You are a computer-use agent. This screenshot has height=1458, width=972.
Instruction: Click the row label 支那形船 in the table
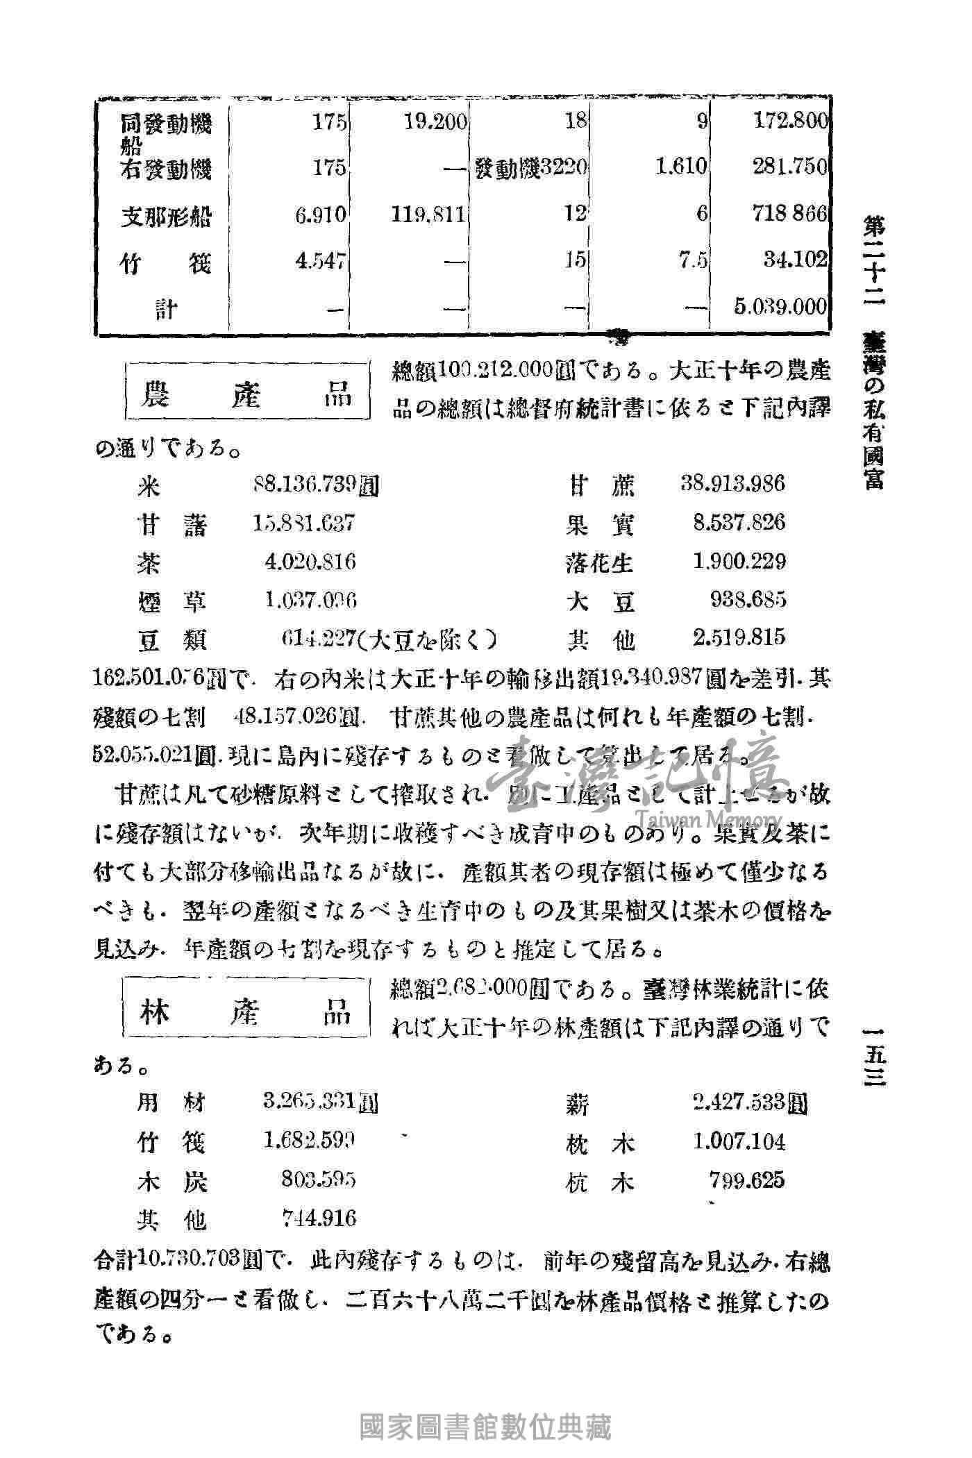166,216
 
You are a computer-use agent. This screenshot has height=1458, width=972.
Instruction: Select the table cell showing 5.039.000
780,306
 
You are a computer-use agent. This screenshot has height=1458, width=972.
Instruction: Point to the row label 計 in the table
166,308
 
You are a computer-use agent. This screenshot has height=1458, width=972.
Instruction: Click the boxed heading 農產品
246,395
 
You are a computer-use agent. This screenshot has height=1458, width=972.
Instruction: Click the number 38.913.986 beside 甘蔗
733,483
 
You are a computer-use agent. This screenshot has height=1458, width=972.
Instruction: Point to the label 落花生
600,562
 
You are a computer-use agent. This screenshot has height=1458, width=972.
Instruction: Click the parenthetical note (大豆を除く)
433,638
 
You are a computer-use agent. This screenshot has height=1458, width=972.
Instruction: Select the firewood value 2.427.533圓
750,1103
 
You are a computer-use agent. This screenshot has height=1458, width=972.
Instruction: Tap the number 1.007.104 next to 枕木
739,1141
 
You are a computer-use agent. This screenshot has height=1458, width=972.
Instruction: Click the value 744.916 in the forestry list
319,1218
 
